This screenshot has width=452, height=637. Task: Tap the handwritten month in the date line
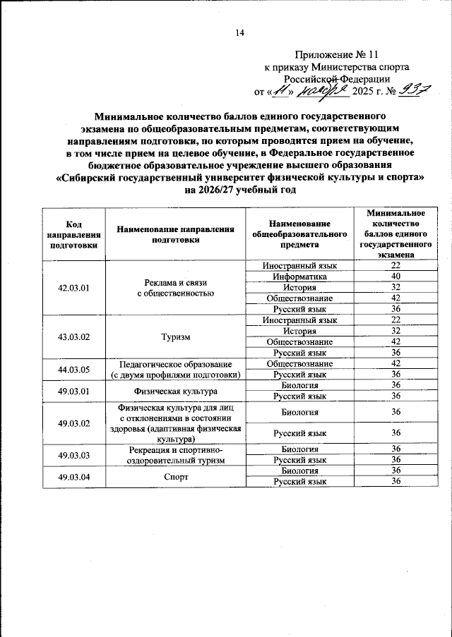(321, 90)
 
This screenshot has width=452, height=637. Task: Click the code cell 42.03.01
(73, 288)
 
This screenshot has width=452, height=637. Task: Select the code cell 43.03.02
(73, 336)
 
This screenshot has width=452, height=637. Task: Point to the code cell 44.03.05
(73, 369)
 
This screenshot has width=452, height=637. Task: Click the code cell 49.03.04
(73, 475)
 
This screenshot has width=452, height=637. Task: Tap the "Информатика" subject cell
(299, 277)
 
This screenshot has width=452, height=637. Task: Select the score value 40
(395, 277)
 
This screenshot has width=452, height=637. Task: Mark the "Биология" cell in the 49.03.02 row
(299, 412)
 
